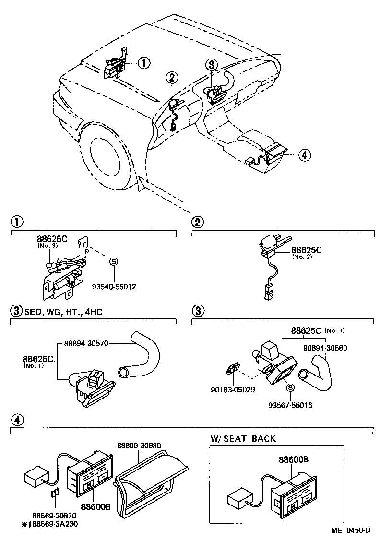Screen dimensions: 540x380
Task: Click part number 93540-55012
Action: pyautogui.click(x=114, y=287)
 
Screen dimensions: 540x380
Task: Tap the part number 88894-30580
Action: pyautogui.click(x=324, y=348)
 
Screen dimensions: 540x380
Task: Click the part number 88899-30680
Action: pyautogui.click(x=140, y=446)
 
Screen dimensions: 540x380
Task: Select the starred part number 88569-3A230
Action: pyautogui.click(x=52, y=523)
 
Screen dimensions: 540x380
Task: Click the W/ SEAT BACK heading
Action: pyautogui.click(x=243, y=439)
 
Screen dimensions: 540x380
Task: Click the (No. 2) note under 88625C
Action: pyautogui.click(x=302, y=257)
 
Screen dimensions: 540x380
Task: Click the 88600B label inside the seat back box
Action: pyautogui.click(x=293, y=459)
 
